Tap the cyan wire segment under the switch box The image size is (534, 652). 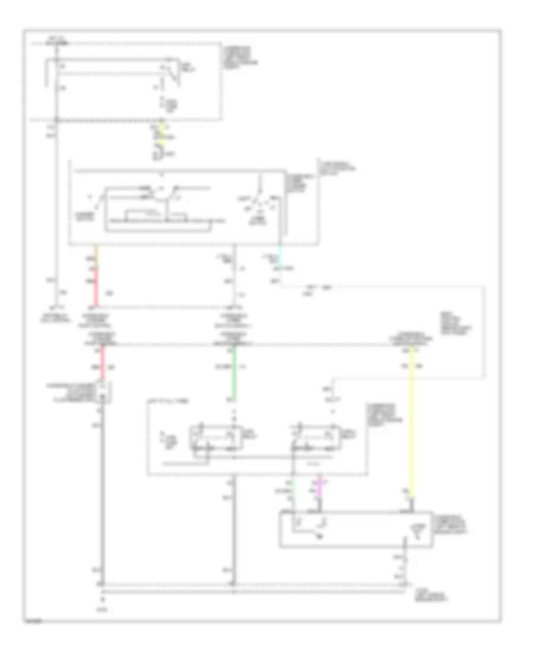tap(281, 255)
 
